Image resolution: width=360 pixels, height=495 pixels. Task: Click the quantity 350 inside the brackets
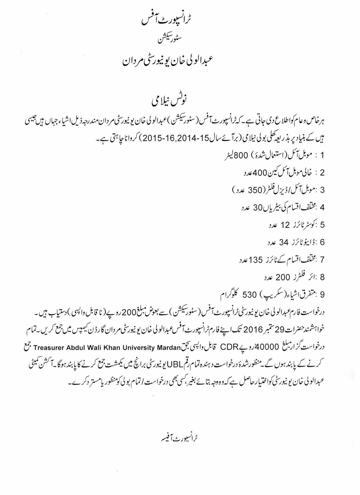pos(255,190)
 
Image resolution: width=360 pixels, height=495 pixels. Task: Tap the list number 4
pos(322,207)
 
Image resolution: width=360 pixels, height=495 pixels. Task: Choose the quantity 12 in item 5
pos(285,225)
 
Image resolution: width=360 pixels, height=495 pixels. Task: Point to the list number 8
pos(322,277)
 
